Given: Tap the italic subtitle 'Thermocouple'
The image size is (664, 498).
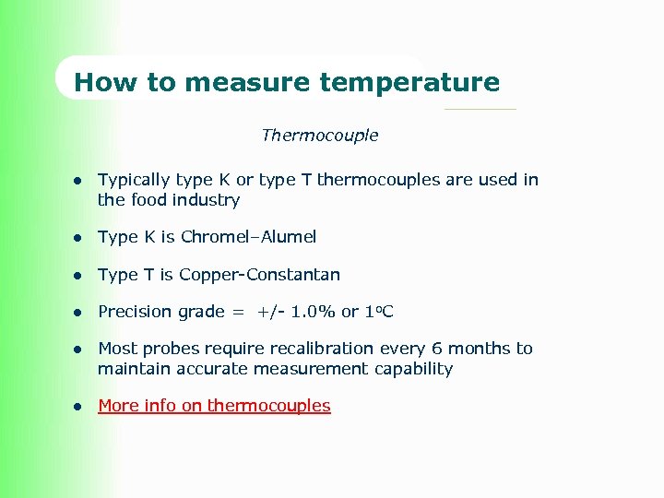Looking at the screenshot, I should point(319,136).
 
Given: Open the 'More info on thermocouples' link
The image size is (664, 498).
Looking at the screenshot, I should point(214,406).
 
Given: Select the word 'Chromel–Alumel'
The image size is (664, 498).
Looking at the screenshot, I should point(248,237).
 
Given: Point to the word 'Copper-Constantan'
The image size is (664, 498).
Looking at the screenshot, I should point(259,275).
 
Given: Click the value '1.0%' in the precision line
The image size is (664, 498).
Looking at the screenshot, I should point(314,312).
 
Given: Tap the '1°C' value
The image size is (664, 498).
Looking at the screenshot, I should point(378,312).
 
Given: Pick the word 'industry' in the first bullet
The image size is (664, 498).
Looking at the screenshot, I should point(208,200).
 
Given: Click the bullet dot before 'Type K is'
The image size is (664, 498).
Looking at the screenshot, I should point(80,238).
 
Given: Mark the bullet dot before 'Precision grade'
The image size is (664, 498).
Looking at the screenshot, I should point(80,313).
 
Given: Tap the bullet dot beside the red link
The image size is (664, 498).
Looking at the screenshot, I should point(80,407).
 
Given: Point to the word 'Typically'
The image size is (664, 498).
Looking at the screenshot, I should point(134,181).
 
